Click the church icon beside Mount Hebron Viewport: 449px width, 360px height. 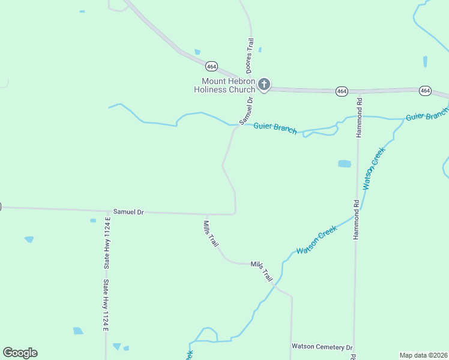click(264, 85)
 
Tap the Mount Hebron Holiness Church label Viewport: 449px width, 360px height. click(229, 85)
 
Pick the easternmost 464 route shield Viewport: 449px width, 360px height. click(425, 90)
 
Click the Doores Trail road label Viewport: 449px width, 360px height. click(250, 56)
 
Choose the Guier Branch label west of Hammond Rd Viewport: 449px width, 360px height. click(275, 127)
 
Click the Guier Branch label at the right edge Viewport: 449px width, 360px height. click(427, 115)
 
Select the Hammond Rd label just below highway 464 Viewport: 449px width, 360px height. click(359, 118)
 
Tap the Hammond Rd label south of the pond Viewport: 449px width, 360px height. click(355, 220)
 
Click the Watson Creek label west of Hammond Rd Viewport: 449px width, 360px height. click(317, 239)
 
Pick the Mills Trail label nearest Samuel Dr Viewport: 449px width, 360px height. click(210, 233)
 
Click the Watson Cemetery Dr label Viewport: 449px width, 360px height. click(322, 347)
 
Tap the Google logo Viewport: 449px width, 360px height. click(20, 353)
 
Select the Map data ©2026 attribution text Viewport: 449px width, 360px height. click(423, 355)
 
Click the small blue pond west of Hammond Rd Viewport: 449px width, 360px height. click(344, 163)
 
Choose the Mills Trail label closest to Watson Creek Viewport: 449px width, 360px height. click(262, 271)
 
